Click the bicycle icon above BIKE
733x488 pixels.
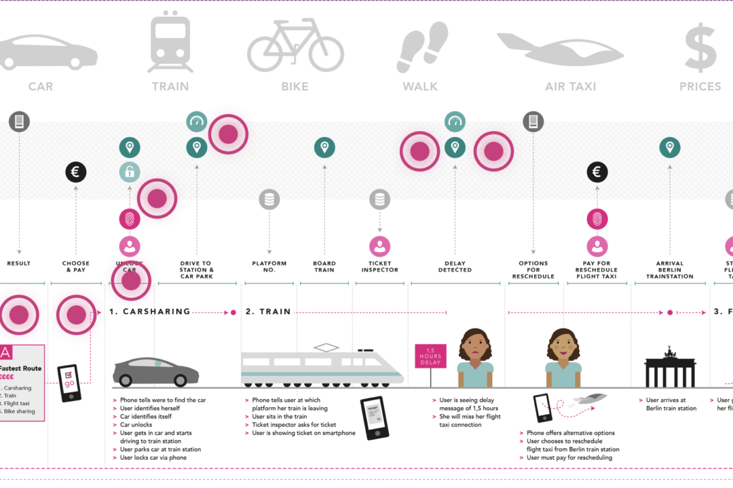pos(295,45)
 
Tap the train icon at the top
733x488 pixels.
pos(170,41)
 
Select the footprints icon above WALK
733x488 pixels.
pos(421,47)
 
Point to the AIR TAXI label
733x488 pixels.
pos(570,87)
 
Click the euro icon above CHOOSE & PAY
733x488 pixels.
pos(75,172)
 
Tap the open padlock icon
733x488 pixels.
pos(130,172)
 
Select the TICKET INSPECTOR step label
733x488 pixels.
pos(379,267)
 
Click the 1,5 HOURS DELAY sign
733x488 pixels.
pos(430,356)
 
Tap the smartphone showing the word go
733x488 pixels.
pos(69,383)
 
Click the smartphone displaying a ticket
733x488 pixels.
pos(374,417)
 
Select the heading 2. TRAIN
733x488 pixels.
pos(268,312)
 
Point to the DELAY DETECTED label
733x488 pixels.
pos(455,267)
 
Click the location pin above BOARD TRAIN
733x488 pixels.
pos(324,147)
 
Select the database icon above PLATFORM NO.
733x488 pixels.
pos(269,200)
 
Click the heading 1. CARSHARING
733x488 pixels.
pos(149,312)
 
